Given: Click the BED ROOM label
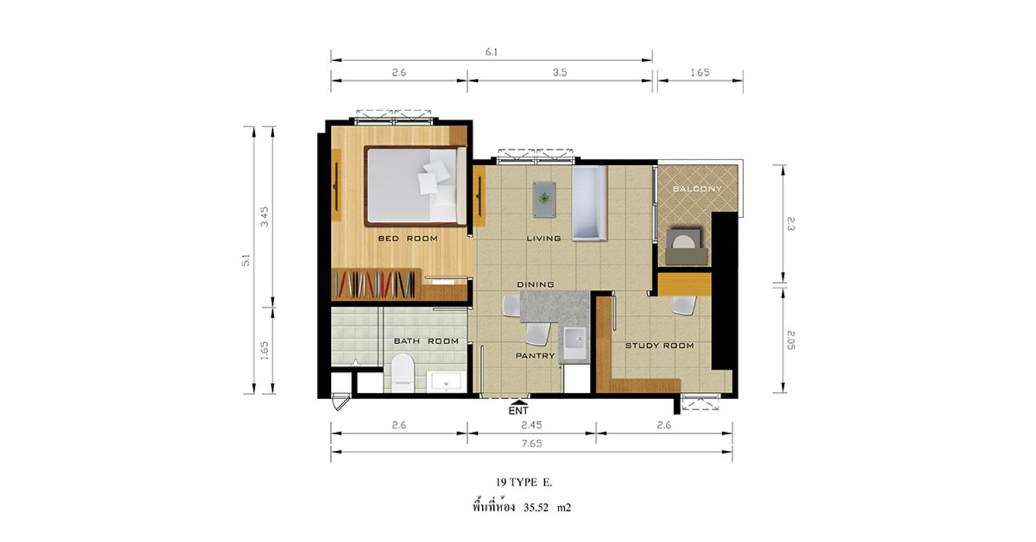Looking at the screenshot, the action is pyautogui.click(x=407, y=239).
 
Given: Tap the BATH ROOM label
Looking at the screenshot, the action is pyautogui.click(x=426, y=341).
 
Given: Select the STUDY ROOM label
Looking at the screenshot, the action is pyautogui.click(x=660, y=345).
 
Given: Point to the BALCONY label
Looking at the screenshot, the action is pyautogui.click(x=697, y=188).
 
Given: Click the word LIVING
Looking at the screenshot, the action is pyautogui.click(x=544, y=239).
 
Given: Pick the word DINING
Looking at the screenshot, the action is pyautogui.click(x=535, y=284).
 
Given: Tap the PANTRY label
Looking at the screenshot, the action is pyautogui.click(x=535, y=356).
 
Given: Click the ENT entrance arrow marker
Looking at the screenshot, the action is pyautogui.click(x=519, y=403).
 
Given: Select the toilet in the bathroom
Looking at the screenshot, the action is pyautogui.click(x=403, y=373).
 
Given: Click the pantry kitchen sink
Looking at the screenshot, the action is pyautogui.click(x=575, y=342).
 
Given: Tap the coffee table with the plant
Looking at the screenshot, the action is pyautogui.click(x=544, y=200).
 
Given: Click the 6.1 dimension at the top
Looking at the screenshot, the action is pyautogui.click(x=492, y=52).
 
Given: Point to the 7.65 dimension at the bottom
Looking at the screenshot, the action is pyautogui.click(x=532, y=443).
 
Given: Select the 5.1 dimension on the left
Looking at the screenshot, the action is pyautogui.click(x=246, y=260).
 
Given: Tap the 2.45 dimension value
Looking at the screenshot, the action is pyautogui.click(x=531, y=425).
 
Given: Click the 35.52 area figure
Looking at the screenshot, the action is pyautogui.click(x=536, y=507).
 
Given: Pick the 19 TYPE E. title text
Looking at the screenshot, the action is pyautogui.click(x=524, y=483).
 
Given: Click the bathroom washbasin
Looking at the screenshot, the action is pyautogui.click(x=446, y=382).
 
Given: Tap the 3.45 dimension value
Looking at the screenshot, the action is pyautogui.click(x=265, y=216).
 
